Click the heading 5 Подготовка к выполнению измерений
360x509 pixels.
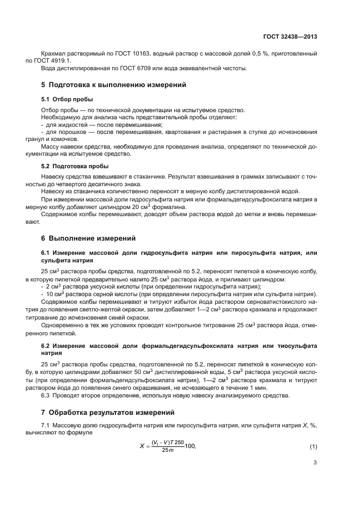point(114,85)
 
